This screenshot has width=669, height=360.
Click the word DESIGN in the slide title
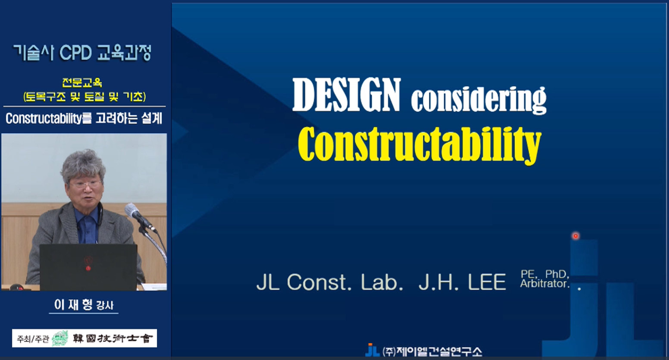click(347, 95)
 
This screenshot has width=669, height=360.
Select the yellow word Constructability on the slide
click(419, 144)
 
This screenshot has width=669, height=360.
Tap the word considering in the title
click(478, 99)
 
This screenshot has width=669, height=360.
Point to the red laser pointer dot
click(575, 236)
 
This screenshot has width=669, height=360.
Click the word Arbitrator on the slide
click(544, 284)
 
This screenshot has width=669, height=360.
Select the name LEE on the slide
click(487, 282)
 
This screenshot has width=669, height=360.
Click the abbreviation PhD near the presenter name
click(556, 274)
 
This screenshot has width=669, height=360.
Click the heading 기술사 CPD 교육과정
click(82, 53)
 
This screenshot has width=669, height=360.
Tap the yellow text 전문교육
click(82, 83)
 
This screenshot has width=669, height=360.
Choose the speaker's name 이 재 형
click(73, 305)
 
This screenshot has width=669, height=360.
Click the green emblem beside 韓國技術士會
click(60, 338)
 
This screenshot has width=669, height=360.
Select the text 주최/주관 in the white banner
click(33, 339)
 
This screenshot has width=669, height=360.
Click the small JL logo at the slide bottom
click(372, 351)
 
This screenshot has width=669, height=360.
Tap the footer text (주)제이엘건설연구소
click(432, 351)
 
